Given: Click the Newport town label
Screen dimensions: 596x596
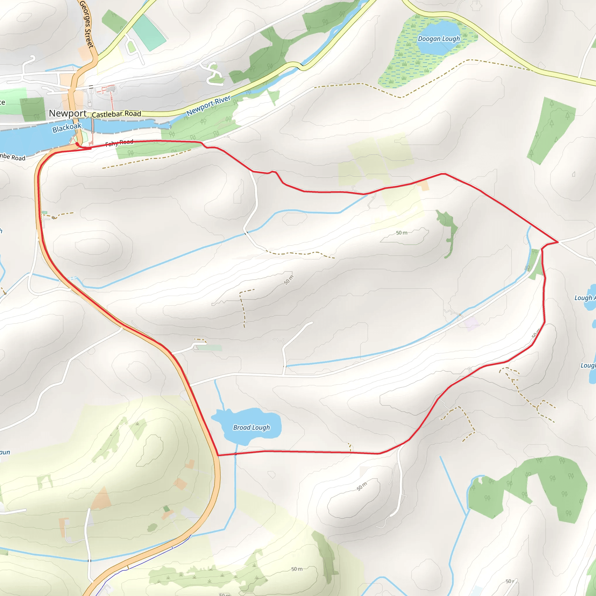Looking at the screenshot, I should tap(68, 113).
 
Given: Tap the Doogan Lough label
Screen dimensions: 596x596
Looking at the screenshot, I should tap(439, 39).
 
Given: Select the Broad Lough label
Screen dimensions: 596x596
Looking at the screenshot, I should tap(251, 428).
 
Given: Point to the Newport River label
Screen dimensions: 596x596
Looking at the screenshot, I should tap(209, 106).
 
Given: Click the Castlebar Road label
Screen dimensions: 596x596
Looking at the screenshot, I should tap(116, 114).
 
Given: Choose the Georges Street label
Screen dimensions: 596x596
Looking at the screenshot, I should tap(86, 24).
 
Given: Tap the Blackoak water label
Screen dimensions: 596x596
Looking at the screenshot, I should tap(67, 128).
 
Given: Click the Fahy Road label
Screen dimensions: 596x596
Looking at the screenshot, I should tap(119, 143).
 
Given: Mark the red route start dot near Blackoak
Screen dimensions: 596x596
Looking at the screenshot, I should tap(77, 144).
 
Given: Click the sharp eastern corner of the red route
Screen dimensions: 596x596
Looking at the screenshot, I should tap(558, 242).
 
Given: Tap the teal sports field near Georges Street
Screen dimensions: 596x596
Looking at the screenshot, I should tap(149, 32).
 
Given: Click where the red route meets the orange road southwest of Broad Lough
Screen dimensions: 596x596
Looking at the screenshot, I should tap(218, 455).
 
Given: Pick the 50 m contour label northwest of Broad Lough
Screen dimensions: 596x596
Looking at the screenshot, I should tap(289, 280).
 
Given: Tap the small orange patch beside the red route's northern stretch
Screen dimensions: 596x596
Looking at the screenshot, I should tap(423, 186).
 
